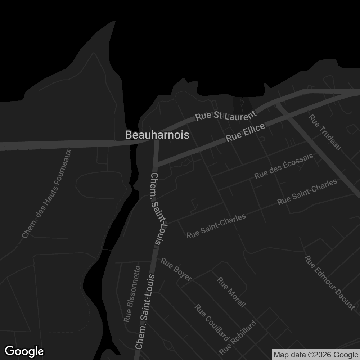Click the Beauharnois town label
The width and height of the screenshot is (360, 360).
click(157, 135)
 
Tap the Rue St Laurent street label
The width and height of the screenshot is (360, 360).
click(226, 116)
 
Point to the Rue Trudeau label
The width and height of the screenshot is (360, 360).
click(325, 132)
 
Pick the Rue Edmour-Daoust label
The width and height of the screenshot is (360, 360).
click(329, 283)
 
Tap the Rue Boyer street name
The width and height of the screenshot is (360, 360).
click(176, 269)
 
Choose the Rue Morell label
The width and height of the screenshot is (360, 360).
click(231, 292)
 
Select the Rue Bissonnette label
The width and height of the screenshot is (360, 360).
click(132, 294)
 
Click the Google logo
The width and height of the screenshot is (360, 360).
click(24, 351)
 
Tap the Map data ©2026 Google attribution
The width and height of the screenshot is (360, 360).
click(316, 355)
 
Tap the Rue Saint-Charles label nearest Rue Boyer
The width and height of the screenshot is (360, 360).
click(216, 226)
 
